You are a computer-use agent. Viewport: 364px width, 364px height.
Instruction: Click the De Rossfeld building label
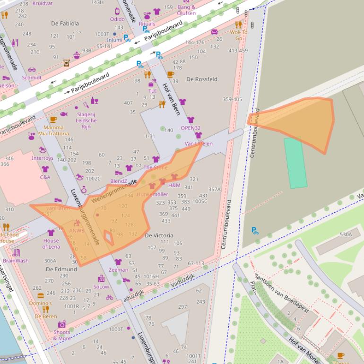[x=202, y=79]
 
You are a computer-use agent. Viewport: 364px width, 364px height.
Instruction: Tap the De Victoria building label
[x=159, y=235]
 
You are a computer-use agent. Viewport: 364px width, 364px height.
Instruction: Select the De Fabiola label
[x=65, y=23]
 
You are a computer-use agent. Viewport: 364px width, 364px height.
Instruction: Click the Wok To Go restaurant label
[x=238, y=35]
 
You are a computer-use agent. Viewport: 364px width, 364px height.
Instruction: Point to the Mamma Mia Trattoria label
[x=53, y=130]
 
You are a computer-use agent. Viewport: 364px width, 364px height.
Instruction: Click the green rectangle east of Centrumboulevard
[x=295, y=163]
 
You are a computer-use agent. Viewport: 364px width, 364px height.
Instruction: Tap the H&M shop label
[x=174, y=185]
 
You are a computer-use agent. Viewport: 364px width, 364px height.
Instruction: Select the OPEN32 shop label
[x=191, y=128]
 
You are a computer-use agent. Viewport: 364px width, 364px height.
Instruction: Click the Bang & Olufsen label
[x=186, y=10]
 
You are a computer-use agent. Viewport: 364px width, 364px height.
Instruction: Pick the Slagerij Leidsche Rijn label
[x=86, y=121]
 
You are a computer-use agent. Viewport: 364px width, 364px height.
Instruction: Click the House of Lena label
[x=51, y=243]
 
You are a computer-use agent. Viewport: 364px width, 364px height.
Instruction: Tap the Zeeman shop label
[x=118, y=270]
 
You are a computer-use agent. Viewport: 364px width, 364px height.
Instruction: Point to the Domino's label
[x=41, y=303]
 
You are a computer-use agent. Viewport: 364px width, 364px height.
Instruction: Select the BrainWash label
[x=16, y=260]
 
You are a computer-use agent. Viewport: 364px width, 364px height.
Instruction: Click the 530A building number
[x=346, y=234]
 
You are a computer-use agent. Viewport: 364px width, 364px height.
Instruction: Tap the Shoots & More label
[x=62, y=335]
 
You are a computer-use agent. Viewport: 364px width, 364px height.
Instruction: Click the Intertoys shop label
[x=43, y=158]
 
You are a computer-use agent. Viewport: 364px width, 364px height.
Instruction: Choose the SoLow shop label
[x=101, y=286]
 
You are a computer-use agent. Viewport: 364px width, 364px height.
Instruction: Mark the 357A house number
[x=215, y=190]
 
